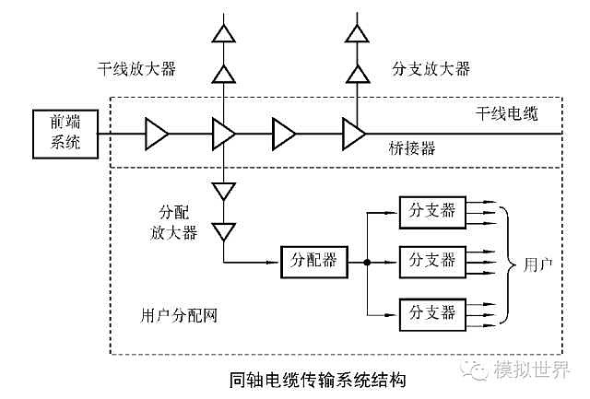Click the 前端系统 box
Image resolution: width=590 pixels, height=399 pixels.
click(x=64, y=135)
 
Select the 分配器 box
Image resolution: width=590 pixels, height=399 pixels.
click(x=314, y=262)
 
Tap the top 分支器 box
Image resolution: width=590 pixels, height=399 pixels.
click(x=431, y=210)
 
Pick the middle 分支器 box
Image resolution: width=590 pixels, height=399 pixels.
click(x=431, y=262)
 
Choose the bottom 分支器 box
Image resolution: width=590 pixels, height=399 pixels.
click(x=431, y=313)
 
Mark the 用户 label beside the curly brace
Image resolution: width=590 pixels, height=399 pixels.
click(x=537, y=263)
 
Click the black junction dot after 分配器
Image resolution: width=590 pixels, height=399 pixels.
click(x=367, y=263)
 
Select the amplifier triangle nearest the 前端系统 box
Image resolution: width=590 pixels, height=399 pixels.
click(x=157, y=135)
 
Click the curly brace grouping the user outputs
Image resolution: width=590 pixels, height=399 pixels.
click(x=505, y=263)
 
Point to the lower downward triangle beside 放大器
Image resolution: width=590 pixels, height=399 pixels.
click(x=224, y=230)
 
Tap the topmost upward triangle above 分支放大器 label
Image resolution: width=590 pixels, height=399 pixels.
click(x=354, y=34)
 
